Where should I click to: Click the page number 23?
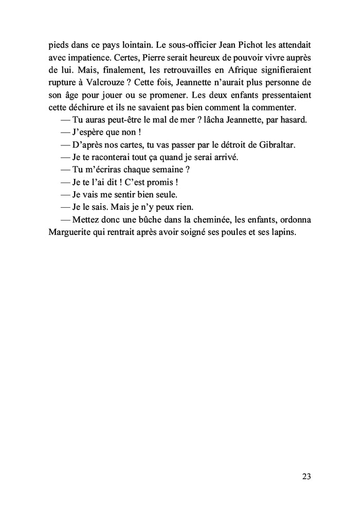(307, 476)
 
